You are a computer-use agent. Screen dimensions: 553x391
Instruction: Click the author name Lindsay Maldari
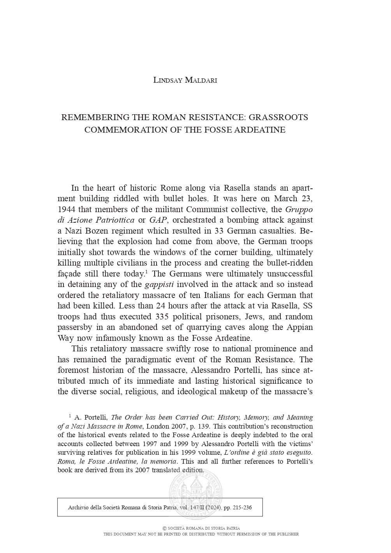[x=185, y=80]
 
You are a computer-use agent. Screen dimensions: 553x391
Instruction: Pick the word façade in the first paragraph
[x=69, y=274]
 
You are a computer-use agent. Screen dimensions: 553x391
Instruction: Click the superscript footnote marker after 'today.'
[x=146, y=271]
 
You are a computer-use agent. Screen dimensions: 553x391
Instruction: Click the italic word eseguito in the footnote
[x=299, y=452]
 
